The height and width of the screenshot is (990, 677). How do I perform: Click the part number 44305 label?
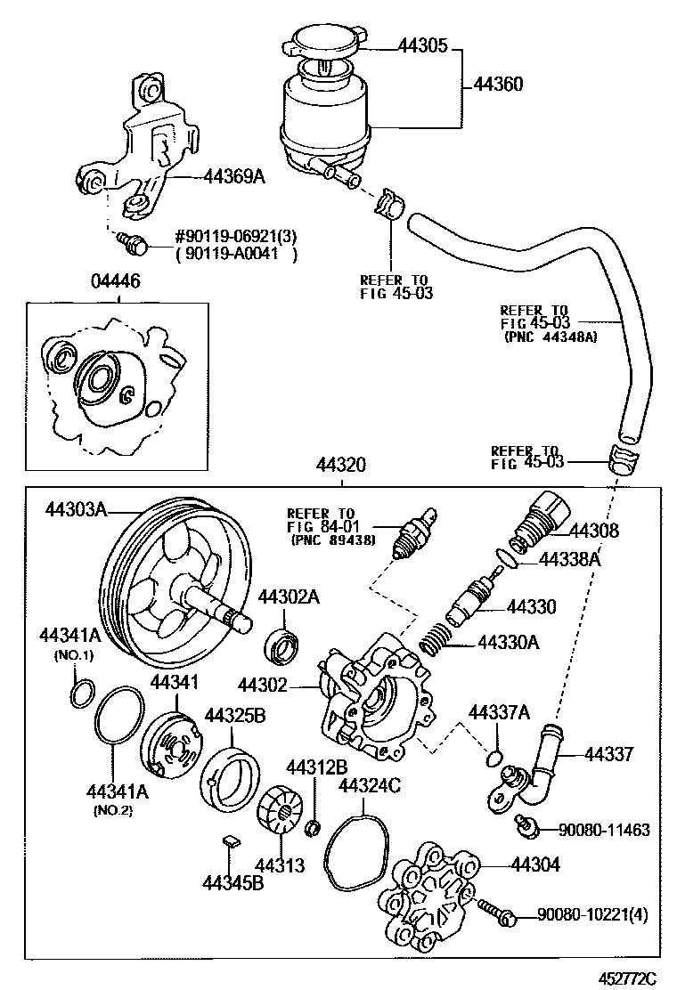[x=422, y=46]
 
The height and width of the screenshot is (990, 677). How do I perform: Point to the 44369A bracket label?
[x=233, y=177]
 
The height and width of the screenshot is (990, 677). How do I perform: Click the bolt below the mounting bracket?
[x=133, y=243]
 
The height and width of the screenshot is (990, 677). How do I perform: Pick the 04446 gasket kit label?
[x=116, y=281]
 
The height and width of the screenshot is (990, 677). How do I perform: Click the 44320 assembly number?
[x=341, y=466]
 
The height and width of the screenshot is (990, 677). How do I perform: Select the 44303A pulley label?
[x=76, y=509]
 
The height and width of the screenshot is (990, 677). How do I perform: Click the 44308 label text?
[x=593, y=531]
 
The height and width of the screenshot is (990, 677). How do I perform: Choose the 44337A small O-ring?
[x=496, y=757]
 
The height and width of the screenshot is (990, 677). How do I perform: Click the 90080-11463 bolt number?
[x=604, y=830]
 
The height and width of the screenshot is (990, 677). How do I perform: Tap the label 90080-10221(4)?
[x=592, y=914]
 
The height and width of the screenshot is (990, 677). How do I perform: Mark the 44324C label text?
[x=370, y=785]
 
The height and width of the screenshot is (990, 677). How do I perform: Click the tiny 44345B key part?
[x=231, y=840]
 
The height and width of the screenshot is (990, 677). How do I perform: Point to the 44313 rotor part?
[x=281, y=808]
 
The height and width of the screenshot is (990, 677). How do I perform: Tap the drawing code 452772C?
[x=628, y=978]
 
